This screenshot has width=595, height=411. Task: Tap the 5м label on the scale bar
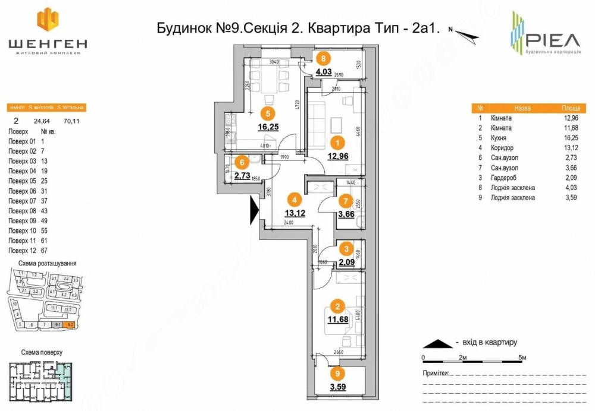(x=522, y=358)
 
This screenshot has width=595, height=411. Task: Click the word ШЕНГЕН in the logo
(x=48, y=43)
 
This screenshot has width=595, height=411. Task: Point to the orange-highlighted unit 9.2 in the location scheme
(x=70, y=325)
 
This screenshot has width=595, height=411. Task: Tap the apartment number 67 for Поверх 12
(x=43, y=251)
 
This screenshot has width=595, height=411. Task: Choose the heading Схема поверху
(x=41, y=352)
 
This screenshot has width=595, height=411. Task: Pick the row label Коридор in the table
(x=502, y=148)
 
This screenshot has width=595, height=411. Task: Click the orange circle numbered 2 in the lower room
(x=337, y=306)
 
